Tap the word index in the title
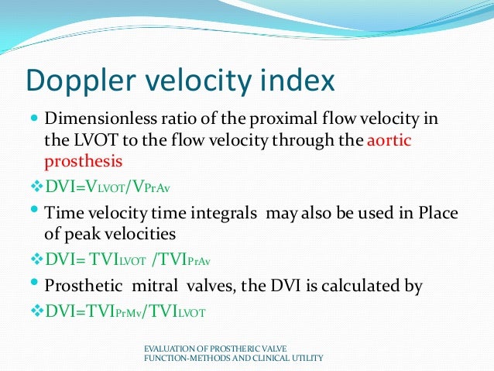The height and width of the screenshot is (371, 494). [x=300, y=80]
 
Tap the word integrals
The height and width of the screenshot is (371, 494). [x=231, y=212]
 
